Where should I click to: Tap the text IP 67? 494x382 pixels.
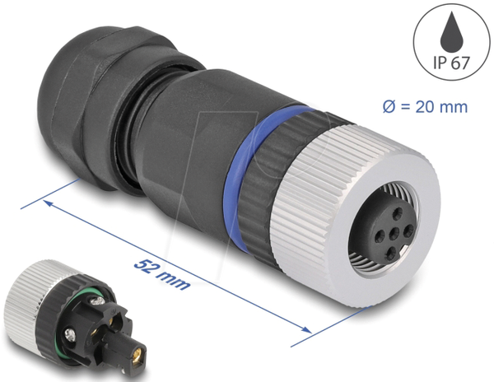coord(451,63)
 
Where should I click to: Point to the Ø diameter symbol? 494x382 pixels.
coord(389,107)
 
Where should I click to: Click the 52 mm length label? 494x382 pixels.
coord(162,274)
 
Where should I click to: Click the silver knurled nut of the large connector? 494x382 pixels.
coord(353,217)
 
